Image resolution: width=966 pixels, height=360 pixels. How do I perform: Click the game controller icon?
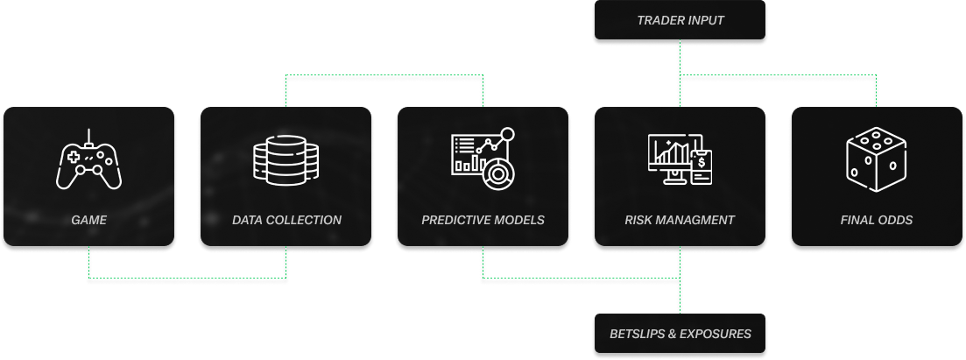tap(88, 161)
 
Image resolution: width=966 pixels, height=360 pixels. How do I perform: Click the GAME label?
tap(88, 220)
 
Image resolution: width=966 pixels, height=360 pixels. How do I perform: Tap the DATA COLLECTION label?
tap(286, 220)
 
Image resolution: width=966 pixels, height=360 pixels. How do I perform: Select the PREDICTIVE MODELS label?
tap(483, 220)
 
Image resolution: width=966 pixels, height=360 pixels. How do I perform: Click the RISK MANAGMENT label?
tap(680, 220)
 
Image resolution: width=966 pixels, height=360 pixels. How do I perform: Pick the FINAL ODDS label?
tap(877, 220)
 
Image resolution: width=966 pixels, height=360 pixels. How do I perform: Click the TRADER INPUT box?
tap(680, 20)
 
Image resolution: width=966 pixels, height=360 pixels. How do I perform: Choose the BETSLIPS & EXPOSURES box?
tap(680, 334)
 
